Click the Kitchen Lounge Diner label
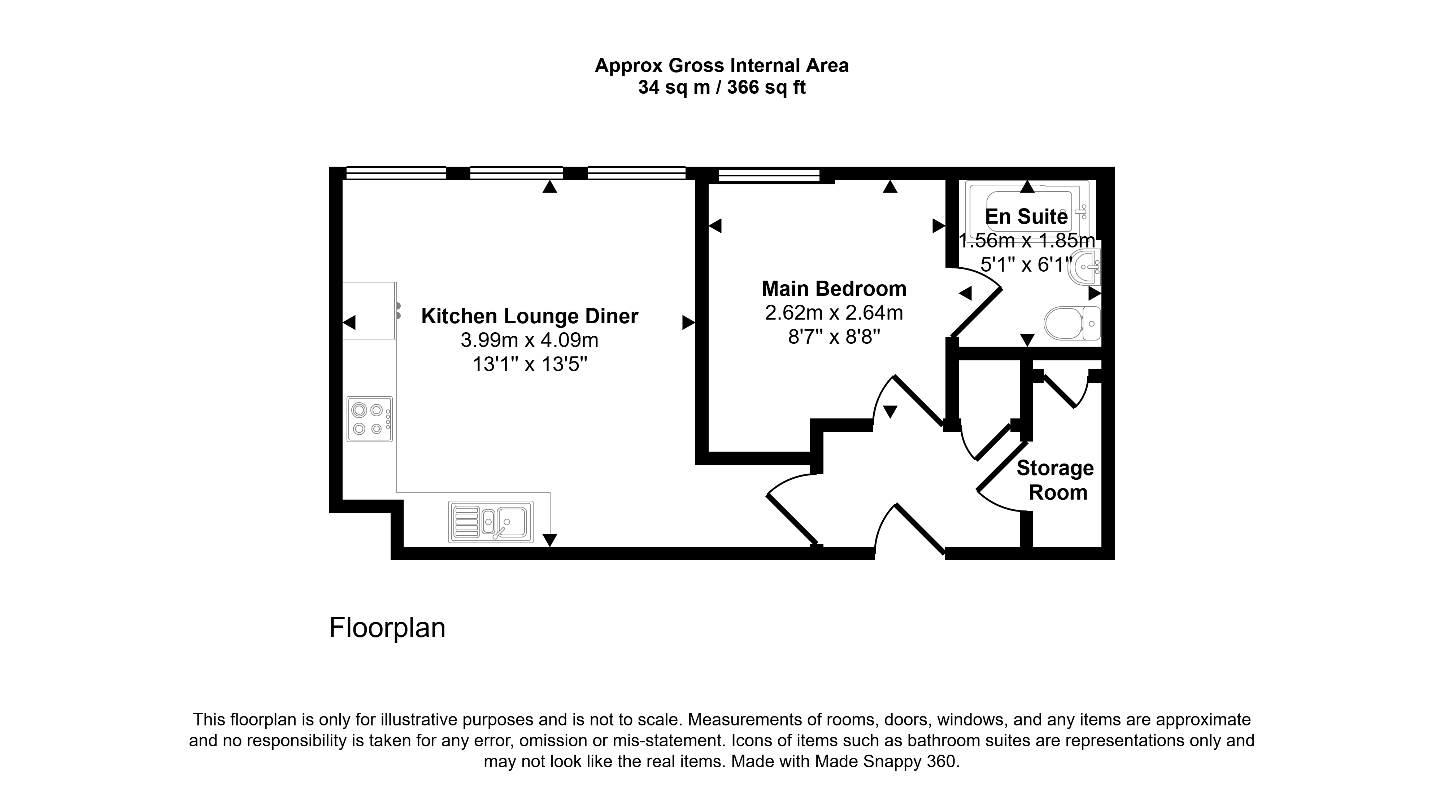tap(529, 316)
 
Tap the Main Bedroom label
tap(834, 289)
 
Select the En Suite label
tap(1026, 216)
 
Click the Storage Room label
tap(1056, 480)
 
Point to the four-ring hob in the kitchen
tap(369, 419)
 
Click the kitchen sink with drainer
tap(491, 522)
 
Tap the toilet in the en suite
tap(1072, 323)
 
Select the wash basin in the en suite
tap(1085, 268)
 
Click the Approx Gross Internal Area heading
tap(722, 66)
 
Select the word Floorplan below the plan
tap(387, 628)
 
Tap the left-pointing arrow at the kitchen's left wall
tap(349, 323)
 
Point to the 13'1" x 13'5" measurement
tap(529, 365)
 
